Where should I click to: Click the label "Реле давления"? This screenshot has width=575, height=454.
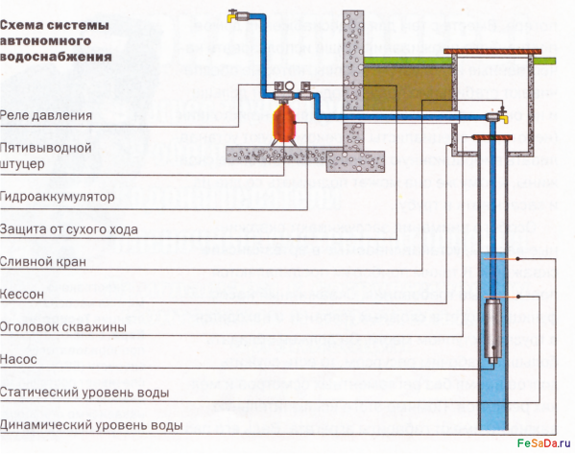pyautogui.click(x=46, y=115)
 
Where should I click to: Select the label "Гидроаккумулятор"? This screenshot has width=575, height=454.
pyautogui.click(x=58, y=197)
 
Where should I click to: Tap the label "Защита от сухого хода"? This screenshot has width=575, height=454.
pyautogui.click(x=69, y=229)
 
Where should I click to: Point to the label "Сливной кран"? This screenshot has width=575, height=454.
pyautogui.click(x=43, y=262)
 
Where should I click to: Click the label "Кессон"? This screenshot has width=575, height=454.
pyautogui.click(x=22, y=294)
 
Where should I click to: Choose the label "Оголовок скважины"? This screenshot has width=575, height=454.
pyautogui.click(x=63, y=326)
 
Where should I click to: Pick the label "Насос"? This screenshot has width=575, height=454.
pyautogui.click(x=18, y=359)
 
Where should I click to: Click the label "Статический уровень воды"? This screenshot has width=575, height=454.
pyautogui.click(x=84, y=393)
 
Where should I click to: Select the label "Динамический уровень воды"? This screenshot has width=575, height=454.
pyautogui.click(x=91, y=425)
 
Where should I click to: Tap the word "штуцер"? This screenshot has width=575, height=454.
pyautogui.click(x=22, y=164)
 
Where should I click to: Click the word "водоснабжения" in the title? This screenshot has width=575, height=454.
pyautogui.click(x=56, y=57)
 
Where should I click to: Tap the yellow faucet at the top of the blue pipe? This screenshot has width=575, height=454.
pyautogui.click(x=232, y=16)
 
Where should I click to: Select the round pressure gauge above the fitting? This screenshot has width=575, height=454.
pyautogui.click(x=289, y=87)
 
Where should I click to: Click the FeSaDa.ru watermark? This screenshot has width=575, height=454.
pyautogui.click(x=544, y=443)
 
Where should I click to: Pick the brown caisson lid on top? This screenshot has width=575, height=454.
pyautogui.click(x=492, y=51)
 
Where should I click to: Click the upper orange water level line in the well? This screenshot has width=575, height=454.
pyautogui.click(x=501, y=259)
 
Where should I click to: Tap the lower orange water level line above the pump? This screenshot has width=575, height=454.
pyautogui.click(x=501, y=297)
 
